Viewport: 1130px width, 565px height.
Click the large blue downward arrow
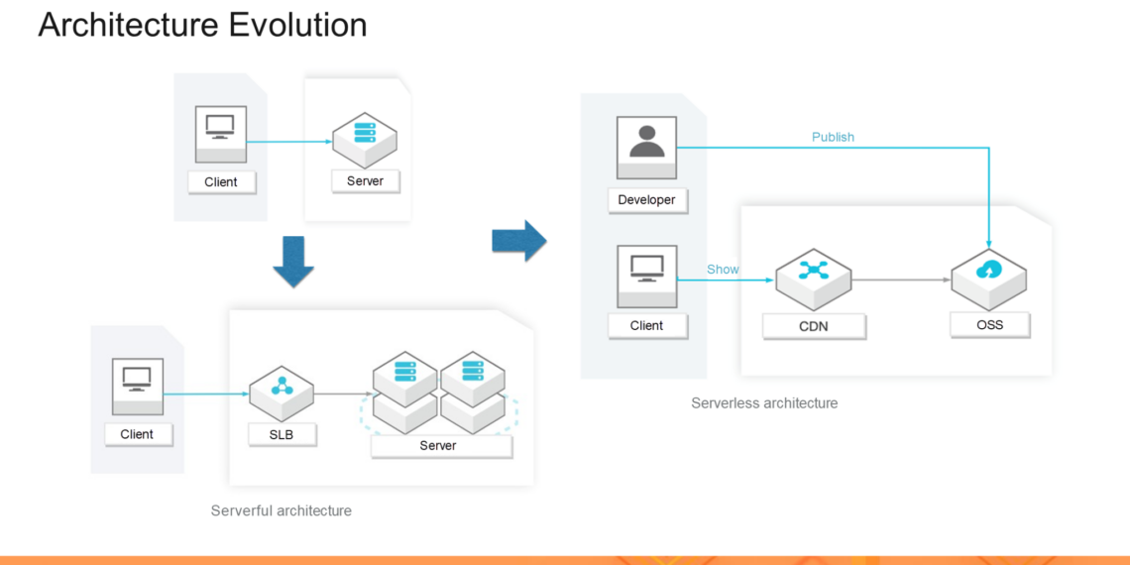coord(293,261)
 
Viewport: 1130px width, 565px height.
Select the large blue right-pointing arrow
coord(519,240)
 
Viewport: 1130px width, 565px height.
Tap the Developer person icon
coord(646,141)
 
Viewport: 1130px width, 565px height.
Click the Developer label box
coord(646,200)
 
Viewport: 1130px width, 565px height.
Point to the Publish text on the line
coord(833,137)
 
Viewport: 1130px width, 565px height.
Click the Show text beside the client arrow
coord(723,270)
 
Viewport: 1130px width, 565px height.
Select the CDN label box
coord(814,326)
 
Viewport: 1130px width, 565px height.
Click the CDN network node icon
coord(813,273)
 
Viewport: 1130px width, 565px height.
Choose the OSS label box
coord(989,324)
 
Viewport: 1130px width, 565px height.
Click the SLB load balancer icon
coord(282,388)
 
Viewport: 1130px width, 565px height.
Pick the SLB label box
coord(282,434)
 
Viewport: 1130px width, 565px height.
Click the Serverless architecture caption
coord(764,403)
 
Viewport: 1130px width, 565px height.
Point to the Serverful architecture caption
coord(281,510)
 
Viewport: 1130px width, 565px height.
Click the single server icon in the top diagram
coord(365,137)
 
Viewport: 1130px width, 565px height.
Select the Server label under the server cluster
coord(438,446)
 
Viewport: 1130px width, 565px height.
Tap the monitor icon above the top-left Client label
coord(220,128)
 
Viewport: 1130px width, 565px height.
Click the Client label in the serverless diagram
coord(646,325)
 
